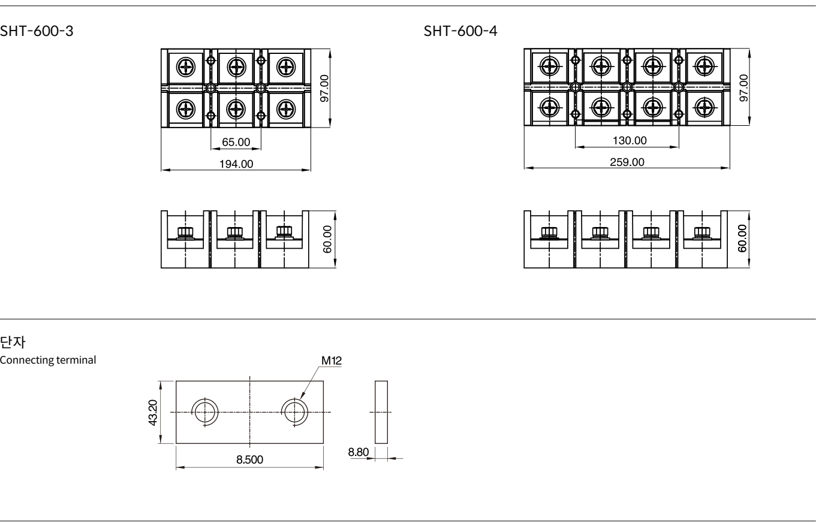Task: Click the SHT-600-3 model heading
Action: pyautogui.click(x=37, y=31)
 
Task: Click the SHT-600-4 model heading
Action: pyautogui.click(x=460, y=31)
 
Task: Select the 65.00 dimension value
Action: pyautogui.click(x=236, y=142)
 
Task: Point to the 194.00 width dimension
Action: pyautogui.click(x=236, y=164)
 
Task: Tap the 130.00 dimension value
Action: pyautogui.click(x=630, y=141)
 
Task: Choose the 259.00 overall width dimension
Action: pyautogui.click(x=627, y=162)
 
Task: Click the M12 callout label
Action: pyautogui.click(x=332, y=361)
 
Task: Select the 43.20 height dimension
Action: pyautogui.click(x=153, y=412)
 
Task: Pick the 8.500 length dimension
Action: pyautogui.click(x=249, y=459)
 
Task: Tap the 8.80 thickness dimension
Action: pyautogui.click(x=358, y=452)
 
